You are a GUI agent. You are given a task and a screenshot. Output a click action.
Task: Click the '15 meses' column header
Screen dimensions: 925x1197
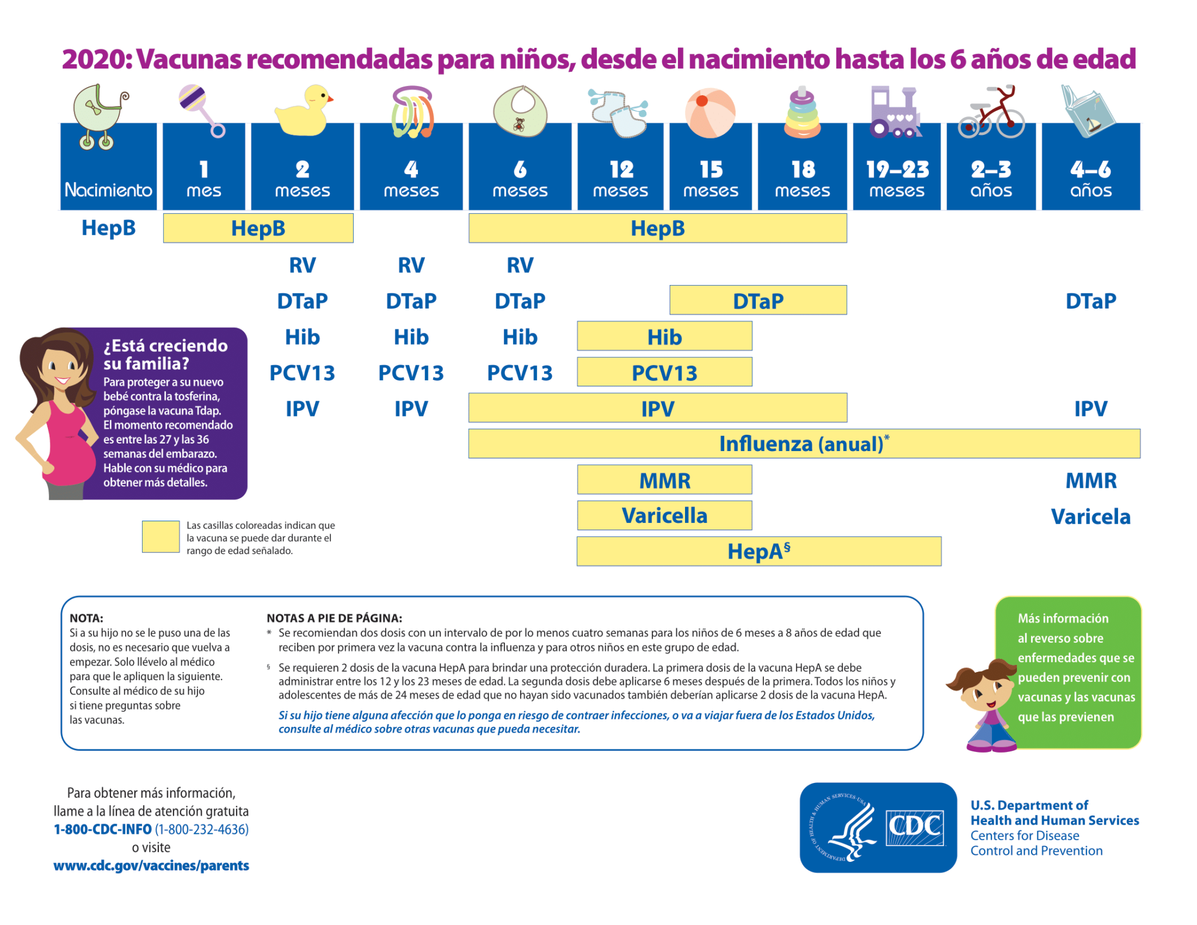[710, 178]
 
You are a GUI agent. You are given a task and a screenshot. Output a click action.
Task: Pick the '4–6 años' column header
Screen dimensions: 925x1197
[1090, 178]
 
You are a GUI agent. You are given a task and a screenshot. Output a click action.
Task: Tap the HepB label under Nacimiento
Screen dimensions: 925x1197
[109, 228]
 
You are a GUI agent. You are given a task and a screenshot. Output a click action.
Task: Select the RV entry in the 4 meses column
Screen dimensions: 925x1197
[411, 265]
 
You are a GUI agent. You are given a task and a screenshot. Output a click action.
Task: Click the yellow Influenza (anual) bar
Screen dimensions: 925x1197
[804, 444]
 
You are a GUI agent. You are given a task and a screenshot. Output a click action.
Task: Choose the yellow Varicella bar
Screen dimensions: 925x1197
[665, 516]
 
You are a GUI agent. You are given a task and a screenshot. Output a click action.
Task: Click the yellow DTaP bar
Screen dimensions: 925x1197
[758, 301]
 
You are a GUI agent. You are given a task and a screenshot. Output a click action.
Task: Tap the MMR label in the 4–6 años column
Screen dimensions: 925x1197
[1091, 481]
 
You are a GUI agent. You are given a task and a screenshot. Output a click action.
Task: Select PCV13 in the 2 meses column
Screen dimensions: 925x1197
[302, 373]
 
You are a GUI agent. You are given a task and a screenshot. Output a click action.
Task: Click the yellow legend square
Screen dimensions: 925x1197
[161, 536]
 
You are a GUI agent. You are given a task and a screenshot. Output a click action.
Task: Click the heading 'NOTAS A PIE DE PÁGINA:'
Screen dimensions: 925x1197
[334, 618]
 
